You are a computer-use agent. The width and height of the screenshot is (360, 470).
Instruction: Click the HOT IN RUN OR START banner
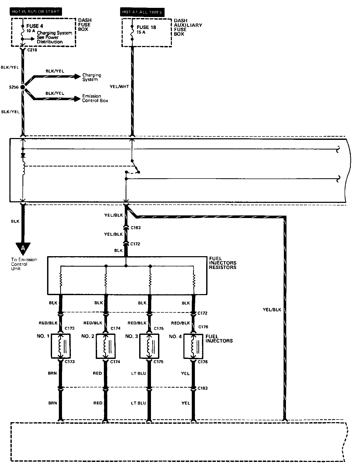point(36,12)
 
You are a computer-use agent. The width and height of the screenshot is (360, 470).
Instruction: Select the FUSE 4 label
point(35,26)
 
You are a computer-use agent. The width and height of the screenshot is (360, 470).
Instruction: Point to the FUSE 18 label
point(146,27)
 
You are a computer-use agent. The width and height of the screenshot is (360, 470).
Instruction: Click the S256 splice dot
point(23,87)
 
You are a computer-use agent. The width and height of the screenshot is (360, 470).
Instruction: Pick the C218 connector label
point(32,50)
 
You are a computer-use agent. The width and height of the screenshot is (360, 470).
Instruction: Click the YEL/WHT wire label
point(119,87)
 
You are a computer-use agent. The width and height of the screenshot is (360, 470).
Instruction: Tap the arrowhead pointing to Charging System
point(77,76)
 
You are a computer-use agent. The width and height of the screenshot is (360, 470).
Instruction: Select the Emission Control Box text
point(95,98)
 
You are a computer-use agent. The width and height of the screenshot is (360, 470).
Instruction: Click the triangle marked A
point(23,247)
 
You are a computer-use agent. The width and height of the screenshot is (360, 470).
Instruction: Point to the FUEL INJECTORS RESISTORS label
point(223,263)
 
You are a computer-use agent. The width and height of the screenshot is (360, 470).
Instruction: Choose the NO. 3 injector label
point(132,336)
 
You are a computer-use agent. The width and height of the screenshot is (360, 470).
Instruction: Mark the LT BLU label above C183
point(138,373)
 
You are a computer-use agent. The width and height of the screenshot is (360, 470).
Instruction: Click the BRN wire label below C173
point(52,373)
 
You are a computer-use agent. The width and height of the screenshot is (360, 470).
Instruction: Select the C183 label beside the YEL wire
point(203,388)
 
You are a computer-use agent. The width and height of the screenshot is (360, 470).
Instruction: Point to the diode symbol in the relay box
point(23,155)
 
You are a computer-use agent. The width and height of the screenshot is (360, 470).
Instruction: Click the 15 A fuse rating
point(141,32)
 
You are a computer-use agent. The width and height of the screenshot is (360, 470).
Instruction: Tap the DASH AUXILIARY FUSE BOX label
point(188,27)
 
